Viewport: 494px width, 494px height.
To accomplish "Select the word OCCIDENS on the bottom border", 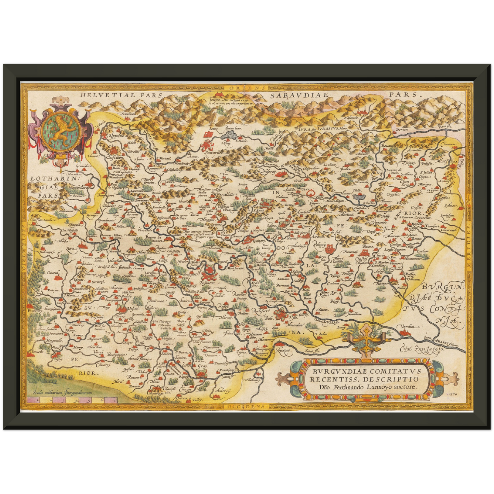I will pos(245,406).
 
